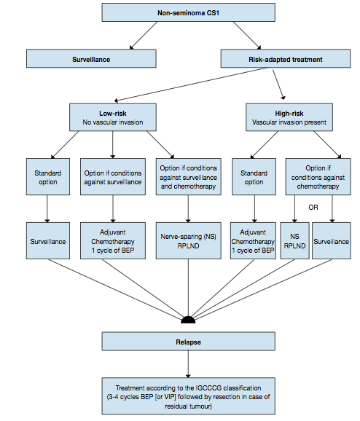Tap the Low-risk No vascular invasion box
(113, 117)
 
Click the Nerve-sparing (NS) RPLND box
(189, 241)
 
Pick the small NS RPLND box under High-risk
(294, 241)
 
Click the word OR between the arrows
(313, 207)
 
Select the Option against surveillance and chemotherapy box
(189, 176)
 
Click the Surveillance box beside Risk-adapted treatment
(91, 60)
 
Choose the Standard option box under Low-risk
(47, 176)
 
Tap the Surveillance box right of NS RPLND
(332, 241)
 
